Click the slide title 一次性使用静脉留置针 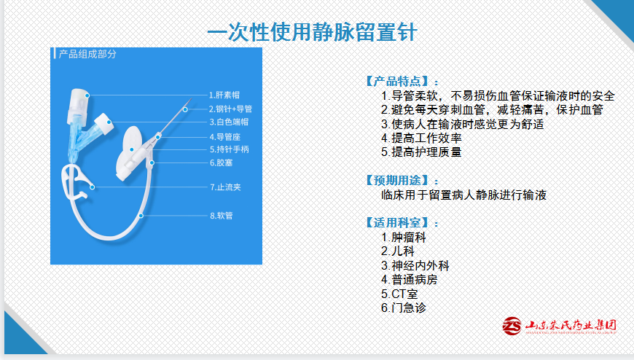[312, 32]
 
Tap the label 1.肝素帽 [224, 95]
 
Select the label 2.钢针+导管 [230, 109]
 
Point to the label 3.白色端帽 [229, 122]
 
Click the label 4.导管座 [224, 137]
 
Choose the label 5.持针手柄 [230, 149]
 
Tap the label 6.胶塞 [222, 163]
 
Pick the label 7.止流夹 [225, 187]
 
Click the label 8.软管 [222, 216]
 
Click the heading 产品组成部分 [87, 54]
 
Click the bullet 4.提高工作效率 [421, 138]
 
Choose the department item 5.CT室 [399, 294]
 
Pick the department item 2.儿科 [397, 251]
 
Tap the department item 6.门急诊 [404, 308]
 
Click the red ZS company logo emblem [512, 326]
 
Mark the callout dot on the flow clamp [93, 187]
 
